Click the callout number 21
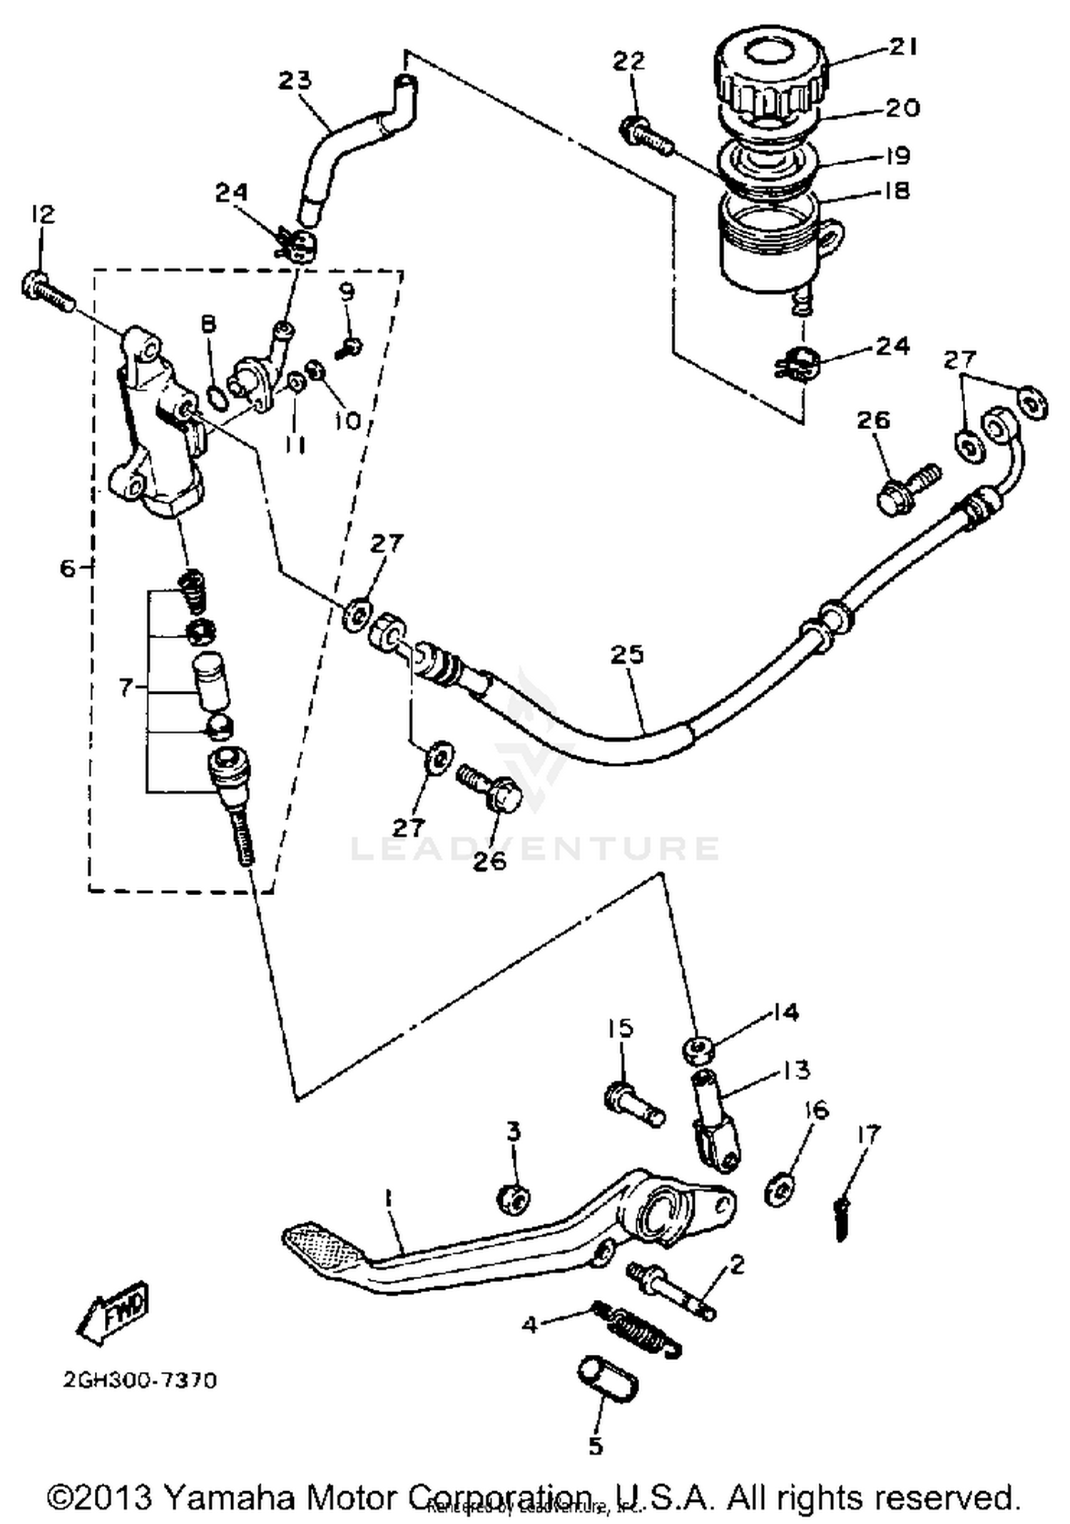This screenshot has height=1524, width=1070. tap(902, 47)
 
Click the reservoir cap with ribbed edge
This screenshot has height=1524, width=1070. tap(770, 79)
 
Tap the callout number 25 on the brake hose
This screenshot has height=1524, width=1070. tap(627, 655)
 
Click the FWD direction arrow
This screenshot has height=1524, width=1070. tap(113, 1311)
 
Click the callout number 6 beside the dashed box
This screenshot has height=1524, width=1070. tap(67, 568)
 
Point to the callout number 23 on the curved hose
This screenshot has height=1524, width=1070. tap(295, 79)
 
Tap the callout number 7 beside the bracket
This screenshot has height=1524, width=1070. tap(126, 688)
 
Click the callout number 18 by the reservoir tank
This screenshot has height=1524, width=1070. tap(896, 191)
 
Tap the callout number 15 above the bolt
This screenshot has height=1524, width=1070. tap(620, 1029)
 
